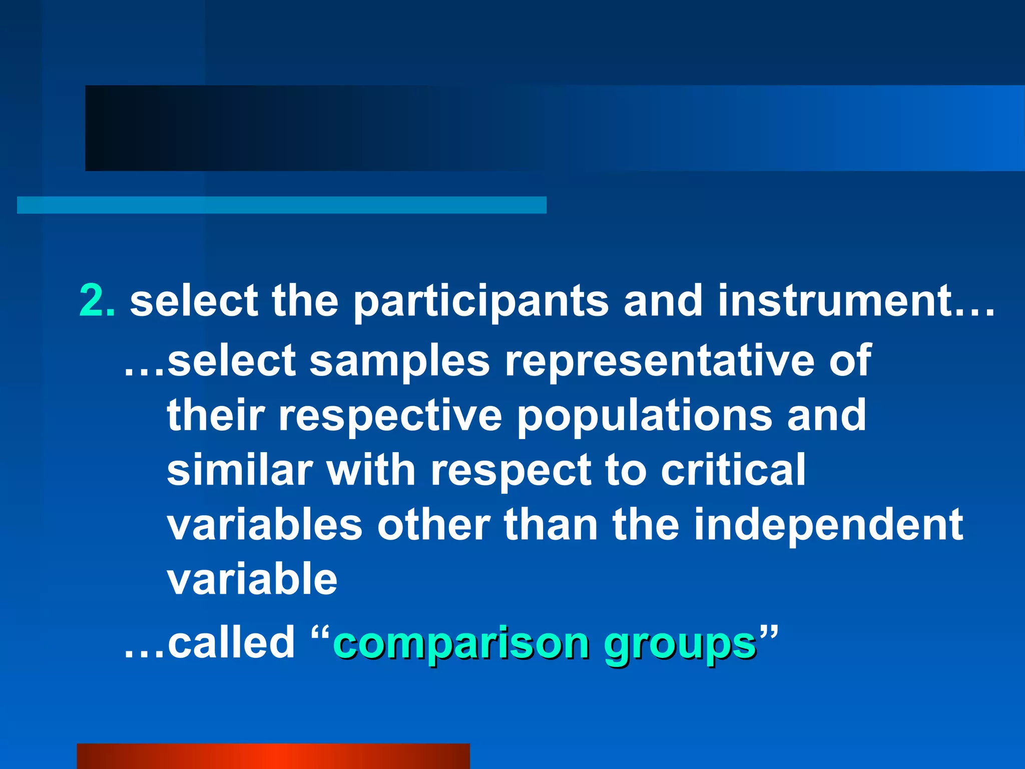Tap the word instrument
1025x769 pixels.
[x=835, y=301]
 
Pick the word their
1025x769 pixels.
[x=215, y=415]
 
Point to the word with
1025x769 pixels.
[x=371, y=470]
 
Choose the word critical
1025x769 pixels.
[x=733, y=470]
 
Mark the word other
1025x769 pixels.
[x=433, y=525]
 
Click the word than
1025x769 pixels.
[x=551, y=525]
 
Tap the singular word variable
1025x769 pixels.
[x=252, y=579]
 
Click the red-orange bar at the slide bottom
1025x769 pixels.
[x=273, y=756]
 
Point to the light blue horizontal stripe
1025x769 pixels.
[x=281, y=205]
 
